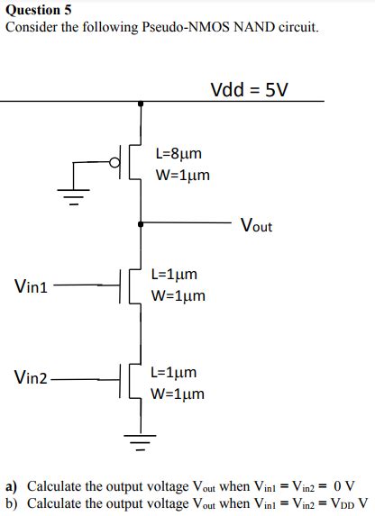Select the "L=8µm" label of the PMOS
click(x=183, y=154)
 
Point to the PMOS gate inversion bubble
click(x=114, y=163)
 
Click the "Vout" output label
click(x=256, y=225)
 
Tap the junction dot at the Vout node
click(x=140, y=220)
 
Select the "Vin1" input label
click(x=31, y=286)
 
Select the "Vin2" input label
click(x=32, y=376)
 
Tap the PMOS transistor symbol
click(x=132, y=163)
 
